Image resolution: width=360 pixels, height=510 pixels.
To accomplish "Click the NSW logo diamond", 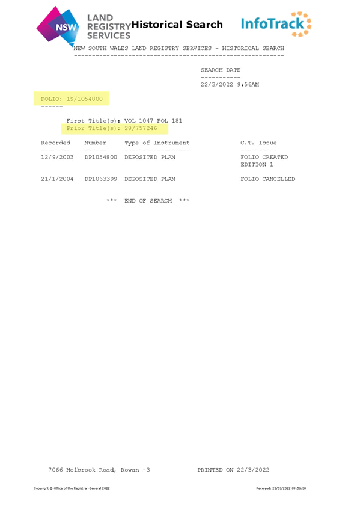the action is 58,25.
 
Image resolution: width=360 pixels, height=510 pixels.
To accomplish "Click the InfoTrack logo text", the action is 272,23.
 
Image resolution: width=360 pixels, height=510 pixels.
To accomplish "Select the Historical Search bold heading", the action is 177,25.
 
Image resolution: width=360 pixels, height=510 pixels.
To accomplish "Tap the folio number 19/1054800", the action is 85,99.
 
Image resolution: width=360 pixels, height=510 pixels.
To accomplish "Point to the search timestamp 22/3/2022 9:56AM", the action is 230,85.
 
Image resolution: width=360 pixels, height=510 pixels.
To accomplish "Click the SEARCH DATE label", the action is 221,70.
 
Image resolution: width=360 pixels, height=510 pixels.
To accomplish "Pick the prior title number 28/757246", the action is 141,128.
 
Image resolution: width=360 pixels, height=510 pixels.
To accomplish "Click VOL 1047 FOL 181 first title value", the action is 153,121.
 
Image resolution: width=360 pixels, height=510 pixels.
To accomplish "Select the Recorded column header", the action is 55,143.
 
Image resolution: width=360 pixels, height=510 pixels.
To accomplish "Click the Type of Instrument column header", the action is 157,143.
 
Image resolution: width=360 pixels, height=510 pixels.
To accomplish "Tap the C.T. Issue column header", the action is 258,143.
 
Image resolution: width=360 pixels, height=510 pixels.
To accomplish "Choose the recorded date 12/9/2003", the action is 57,157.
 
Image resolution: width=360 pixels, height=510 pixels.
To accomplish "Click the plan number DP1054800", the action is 101,157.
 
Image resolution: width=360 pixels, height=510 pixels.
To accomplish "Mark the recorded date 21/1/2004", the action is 57,179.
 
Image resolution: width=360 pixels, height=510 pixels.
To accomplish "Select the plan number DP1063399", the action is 101,179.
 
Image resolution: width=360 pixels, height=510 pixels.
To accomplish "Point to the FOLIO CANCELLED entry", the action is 267,179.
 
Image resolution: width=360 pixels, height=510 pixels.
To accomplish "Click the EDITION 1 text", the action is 257,165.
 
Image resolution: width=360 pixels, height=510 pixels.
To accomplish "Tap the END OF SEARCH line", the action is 148,201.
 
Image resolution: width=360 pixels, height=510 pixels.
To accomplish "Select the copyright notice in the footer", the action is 72,488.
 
